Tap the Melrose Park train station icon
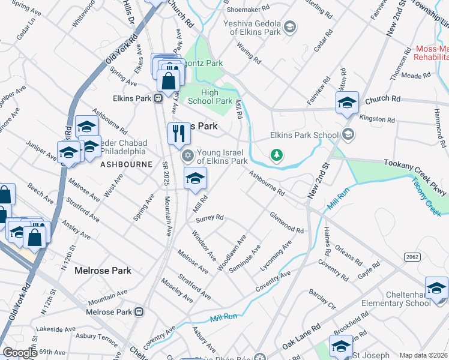(x=139, y=312)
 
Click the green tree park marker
(x=276, y=155)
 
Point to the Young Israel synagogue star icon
(x=187, y=156)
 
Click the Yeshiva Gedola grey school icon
(x=290, y=26)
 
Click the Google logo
(x=20, y=353)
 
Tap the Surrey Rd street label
(x=214, y=218)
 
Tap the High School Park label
(x=209, y=97)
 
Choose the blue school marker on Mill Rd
(x=195, y=178)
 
